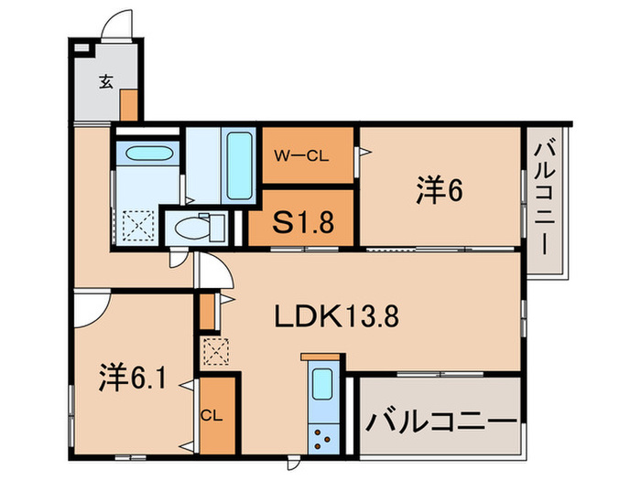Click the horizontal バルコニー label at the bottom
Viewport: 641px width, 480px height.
[x=440, y=423]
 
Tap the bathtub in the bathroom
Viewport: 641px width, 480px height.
[x=240, y=169]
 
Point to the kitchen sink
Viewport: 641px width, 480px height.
[x=322, y=385]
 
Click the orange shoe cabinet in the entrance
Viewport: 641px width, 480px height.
[x=129, y=105]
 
